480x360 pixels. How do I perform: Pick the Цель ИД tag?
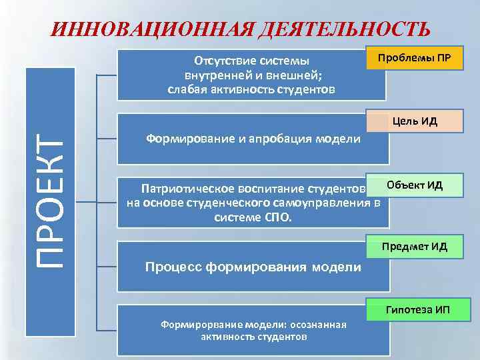click(x=415, y=121)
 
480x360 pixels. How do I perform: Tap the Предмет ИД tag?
click(x=415, y=248)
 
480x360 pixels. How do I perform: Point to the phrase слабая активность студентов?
click(x=251, y=89)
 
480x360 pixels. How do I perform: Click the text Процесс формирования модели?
click(x=253, y=267)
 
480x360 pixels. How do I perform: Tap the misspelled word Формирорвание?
click(x=193, y=325)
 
